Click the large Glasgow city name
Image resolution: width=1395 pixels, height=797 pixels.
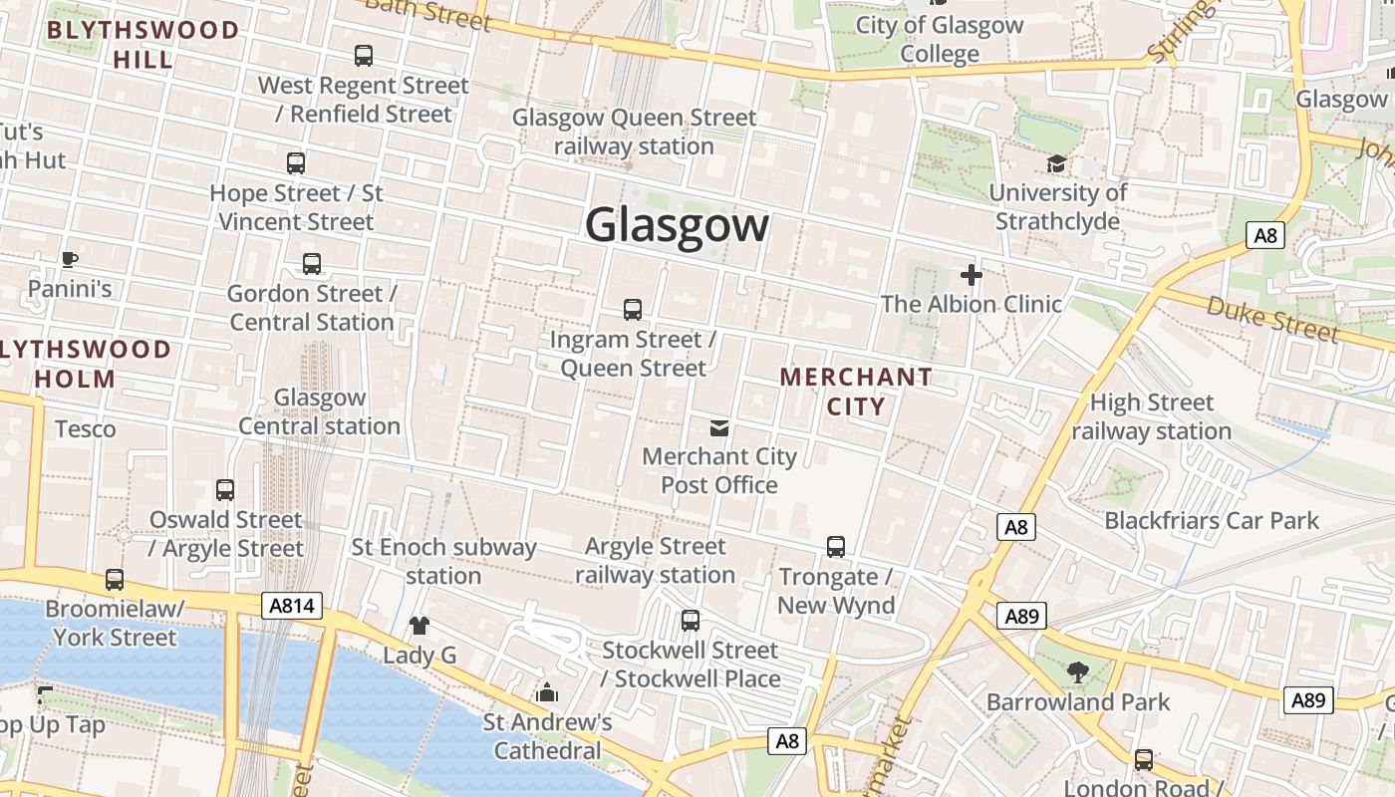pos(677,225)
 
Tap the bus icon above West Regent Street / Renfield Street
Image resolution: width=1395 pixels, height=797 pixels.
pos(364,56)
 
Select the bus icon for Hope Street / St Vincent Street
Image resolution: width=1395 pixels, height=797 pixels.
pos(296,162)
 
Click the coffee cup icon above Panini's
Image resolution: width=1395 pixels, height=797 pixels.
pos(69,260)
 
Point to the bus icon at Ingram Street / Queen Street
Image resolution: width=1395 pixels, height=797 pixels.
pos(633,309)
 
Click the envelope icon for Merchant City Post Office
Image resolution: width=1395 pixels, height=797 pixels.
pos(718,428)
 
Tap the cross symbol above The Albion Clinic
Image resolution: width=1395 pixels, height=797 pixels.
pos(972,275)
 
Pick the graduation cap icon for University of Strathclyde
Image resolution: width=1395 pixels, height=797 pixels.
pos(1056,163)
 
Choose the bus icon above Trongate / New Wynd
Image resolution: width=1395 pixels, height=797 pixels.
pos(836,547)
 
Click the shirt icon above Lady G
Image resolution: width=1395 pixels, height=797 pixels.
pos(419,626)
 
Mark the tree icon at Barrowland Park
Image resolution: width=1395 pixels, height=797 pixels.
pos(1078,672)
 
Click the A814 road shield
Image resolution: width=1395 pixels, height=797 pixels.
pos(293,605)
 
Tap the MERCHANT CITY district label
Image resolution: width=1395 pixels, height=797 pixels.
pos(856,392)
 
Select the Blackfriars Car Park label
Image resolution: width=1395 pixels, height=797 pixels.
pos(1212,520)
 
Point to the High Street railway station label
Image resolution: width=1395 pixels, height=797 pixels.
pos(1152,416)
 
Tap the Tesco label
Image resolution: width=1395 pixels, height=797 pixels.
pos(86,429)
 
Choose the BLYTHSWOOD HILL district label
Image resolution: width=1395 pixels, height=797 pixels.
pos(142,44)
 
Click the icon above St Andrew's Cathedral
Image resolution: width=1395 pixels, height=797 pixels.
pos(547,692)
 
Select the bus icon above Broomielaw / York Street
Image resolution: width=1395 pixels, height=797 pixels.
pos(115,580)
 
